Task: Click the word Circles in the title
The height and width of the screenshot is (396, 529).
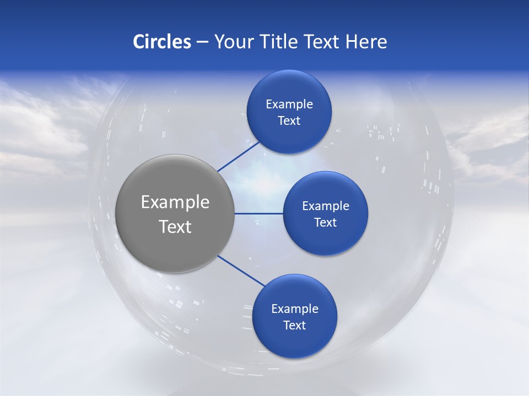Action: point(162,42)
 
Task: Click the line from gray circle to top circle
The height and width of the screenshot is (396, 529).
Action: point(239,156)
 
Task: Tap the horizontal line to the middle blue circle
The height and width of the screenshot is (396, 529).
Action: point(259,213)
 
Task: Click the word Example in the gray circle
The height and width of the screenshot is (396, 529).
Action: point(175,202)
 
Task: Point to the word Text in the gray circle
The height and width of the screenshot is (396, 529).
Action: point(175,227)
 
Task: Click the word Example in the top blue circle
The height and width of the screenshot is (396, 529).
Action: point(289,105)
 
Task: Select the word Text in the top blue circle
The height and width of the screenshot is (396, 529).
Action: point(289,121)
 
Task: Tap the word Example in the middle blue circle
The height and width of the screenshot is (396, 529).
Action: point(326,206)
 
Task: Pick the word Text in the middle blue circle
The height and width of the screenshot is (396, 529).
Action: point(326,223)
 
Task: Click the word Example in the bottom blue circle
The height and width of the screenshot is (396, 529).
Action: point(295,309)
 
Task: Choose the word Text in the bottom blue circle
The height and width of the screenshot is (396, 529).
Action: point(295,326)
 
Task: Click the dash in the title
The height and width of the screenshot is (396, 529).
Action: point(202,42)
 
